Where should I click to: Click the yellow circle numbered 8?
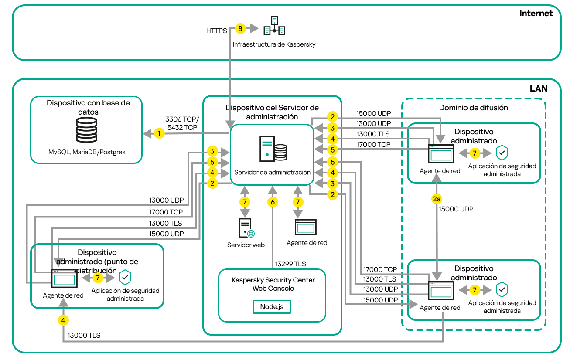click(240, 29)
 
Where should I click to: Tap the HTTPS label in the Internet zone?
click(216, 31)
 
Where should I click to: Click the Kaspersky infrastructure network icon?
click(274, 27)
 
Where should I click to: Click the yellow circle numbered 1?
click(160, 133)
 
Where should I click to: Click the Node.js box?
click(272, 306)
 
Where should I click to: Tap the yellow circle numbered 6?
click(273, 202)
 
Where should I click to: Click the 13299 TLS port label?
click(290, 264)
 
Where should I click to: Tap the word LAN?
click(539, 88)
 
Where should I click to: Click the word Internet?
click(536, 13)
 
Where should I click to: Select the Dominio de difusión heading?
click(473, 108)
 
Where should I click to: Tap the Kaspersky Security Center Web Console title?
click(273, 284)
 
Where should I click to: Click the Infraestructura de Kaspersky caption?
click(274, 44)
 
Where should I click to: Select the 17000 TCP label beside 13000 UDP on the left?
click(166, 212)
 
